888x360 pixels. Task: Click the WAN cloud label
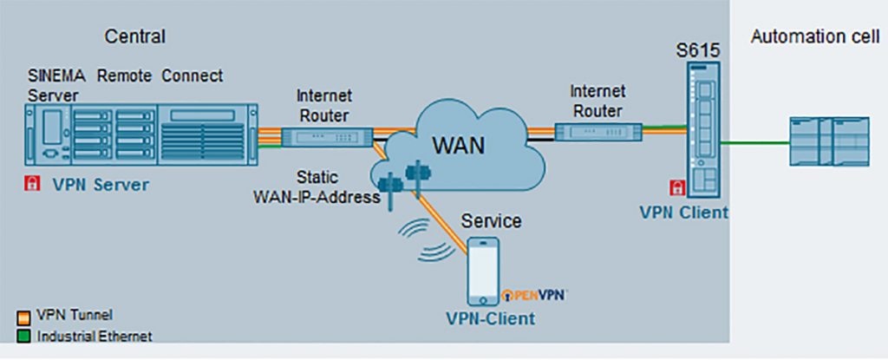[x=460, y=144]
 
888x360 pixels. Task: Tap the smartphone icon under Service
[x=483, y=270]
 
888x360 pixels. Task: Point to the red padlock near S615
[x=676, y=187]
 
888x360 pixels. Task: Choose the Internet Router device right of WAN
[x=598, y=132]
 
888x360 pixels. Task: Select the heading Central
[x=134, y=36]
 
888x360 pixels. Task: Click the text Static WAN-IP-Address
[x=317, y=187]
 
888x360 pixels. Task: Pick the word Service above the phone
[x=491, y=221]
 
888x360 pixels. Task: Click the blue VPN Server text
[x=101, y=184]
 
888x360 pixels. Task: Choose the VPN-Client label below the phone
[x=490, y=318]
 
